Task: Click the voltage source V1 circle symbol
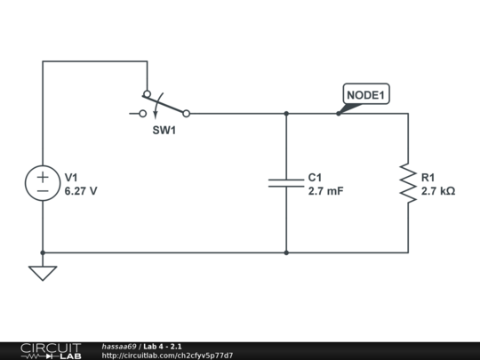click(43, 183)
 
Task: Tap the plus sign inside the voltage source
click(43, 176)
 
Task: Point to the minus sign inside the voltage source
click(43, 191)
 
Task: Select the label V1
click(72, 177)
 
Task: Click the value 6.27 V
click(81, 191)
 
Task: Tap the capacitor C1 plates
click(286, 183)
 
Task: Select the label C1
click(316, 177)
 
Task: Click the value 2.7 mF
click(325, 191)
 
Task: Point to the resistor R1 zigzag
click(408, 183)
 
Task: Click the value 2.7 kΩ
click(438, 191)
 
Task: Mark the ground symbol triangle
click(43, 272)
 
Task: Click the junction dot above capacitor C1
click(286, 114)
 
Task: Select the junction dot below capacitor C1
click(286, 252)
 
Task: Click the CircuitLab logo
click(51, 350)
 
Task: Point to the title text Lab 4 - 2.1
click(170, 346)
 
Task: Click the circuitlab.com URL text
click(168, 356)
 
